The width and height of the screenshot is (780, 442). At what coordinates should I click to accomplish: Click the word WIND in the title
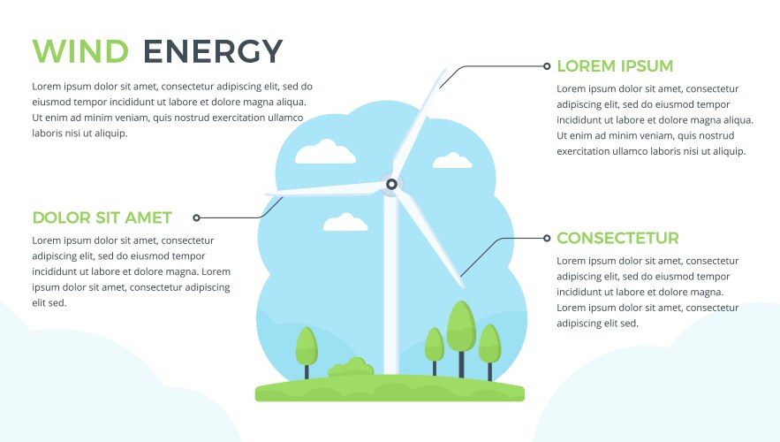(80, 51)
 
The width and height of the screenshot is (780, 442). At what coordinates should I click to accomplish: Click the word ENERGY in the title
(213, 51)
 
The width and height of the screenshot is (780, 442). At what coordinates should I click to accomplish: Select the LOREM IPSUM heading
(615, 66)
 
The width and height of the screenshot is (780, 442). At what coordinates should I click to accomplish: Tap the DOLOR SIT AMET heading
(102, 217)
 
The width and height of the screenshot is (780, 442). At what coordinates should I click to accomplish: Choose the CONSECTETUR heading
(617, 239)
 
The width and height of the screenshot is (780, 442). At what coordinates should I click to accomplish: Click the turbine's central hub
(390, 185)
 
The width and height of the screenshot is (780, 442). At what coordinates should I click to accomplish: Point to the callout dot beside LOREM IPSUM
(548, 65)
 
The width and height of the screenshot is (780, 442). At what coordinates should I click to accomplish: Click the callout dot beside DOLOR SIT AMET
(196, 217)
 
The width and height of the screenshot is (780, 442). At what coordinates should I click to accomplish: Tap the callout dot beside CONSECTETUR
(548, 239)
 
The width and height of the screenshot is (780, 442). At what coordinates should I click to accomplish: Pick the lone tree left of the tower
(306, 347)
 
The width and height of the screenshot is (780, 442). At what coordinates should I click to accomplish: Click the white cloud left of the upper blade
(325, 153)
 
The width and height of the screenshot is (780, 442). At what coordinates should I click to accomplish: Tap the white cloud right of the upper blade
(452, 161)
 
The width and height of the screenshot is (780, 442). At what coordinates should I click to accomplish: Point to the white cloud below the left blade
(345, 223)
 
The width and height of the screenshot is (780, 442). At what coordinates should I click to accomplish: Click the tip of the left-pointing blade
(268, 194)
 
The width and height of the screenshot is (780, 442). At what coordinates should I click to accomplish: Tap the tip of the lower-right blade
(462, 284)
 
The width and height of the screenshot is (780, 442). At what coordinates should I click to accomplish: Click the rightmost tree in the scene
(489, 345)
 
